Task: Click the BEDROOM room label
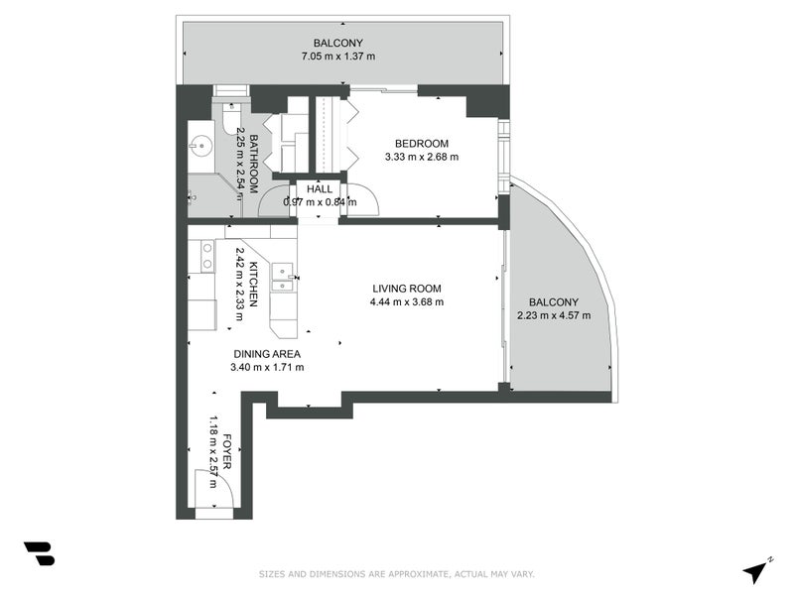pyautogui.click(x=421, y=144)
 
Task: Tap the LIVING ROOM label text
pyautogui.click(x=407, y=289)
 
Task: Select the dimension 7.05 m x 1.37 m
pyautogui.click(x=338, y=57)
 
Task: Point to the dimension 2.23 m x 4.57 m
pyautogui.click(x=554, y=315)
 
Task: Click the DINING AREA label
pyautogui.click(x=267, y=354)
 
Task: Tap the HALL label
pyautogui.click(x=320, y=189)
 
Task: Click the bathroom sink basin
pyautogui.click(x=201, y=146)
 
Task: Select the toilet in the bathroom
pyautogui.click(x=231, y=119)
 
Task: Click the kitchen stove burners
pyautogui.click(x=207, y=256)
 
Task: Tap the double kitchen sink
pyautogui.click(x=283, y=278)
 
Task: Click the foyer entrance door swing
pyautogui.click(x=214, y=488)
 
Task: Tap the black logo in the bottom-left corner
pyautogui.click(x=40, y=553)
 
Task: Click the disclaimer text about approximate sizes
pyautogui.click(x=396, y=574)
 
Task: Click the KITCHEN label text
pyautogui.click(x=253, y=284)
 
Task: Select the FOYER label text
pyautogui.click(x=226, y=451)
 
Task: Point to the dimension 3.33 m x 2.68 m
pyautogui.click(x=422, y=157)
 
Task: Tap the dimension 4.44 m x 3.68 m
pyautogui.click(x=407, y=302)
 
